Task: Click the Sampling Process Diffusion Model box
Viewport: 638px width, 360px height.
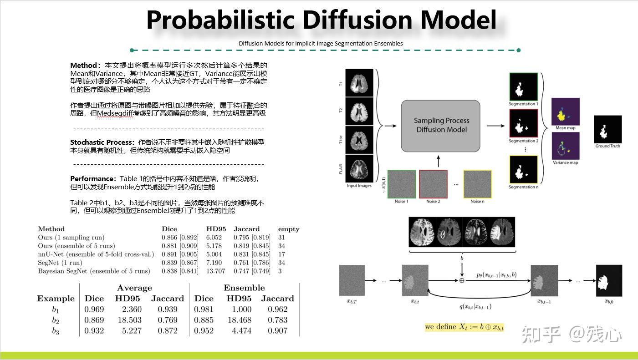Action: click(x=440, y=126)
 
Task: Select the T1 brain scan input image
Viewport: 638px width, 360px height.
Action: click(x=359, y=82)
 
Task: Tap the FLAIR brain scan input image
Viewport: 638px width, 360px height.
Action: click(x=359, y=168)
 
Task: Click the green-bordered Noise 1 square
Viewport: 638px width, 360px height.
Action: click(x=401, y=184)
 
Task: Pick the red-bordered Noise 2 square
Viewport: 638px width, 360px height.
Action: click(x=433, y=184)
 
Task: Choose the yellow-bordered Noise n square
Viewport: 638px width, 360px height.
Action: click(x=477, y=184)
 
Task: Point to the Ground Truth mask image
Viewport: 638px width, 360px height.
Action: click(x=607, y=129)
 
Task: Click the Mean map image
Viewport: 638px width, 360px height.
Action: click(x=565, y=112)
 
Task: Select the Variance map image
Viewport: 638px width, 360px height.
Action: click(x=565, y=146)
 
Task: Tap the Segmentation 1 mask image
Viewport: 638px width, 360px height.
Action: click(x=523, y=86)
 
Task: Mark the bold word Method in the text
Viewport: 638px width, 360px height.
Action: click(x=83, y=66)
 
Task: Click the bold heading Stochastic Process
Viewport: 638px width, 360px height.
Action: click(x=102, y=142)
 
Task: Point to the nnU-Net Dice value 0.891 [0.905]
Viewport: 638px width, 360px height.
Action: click(x=180, y=254)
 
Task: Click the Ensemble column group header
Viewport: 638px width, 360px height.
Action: click(x=244, y=288)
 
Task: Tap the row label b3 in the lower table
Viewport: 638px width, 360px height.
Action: click(x=55, y=331)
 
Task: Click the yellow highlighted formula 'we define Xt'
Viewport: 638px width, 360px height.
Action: click(x=464, y=327)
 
